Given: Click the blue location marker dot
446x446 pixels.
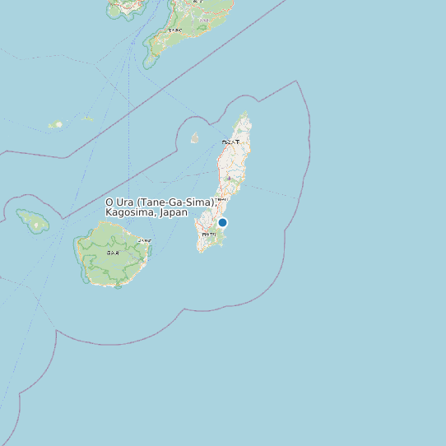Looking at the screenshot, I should (x=222, y=222).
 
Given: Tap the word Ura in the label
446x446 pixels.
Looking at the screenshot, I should (x=125, y=202).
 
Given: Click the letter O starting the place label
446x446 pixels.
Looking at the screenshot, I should (x=110, y=202).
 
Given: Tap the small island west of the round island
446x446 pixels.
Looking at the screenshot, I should (x=33, y=220).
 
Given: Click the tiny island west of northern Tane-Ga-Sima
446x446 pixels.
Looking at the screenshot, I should (x=195, y=138).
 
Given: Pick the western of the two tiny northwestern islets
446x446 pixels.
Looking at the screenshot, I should (x=55, y=125).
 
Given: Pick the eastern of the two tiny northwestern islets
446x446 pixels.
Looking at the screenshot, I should (x=87, y=118).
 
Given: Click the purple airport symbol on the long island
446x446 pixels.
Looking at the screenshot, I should (x=228, y=179).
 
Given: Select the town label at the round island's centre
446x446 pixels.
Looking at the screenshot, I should (x=112, y=253).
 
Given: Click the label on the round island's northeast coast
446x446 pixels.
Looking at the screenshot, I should (x=144, y=240).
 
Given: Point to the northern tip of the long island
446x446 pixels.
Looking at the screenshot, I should (x=245, y=113).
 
